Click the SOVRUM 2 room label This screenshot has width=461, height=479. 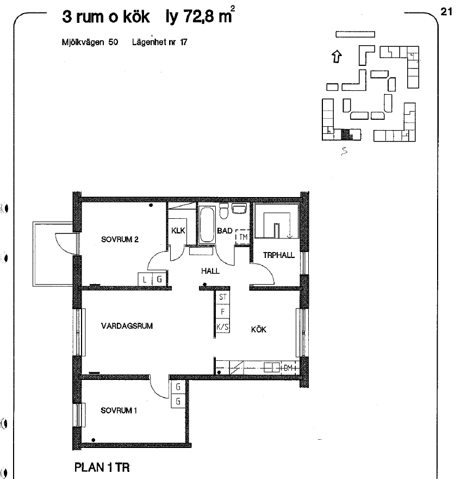120,239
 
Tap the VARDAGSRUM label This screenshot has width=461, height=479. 127,326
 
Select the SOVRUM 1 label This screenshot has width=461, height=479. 119,410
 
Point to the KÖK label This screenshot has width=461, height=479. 259,329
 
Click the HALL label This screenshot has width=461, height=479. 210,271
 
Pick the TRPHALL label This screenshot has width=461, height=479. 278,255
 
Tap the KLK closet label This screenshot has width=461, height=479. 178,230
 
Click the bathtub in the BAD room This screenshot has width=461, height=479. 207,225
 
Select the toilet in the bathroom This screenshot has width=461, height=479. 223,211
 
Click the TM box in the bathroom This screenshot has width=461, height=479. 242,237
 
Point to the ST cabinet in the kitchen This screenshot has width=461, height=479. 222,297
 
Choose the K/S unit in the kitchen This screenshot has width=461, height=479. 222,327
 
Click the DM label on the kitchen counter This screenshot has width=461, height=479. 288,368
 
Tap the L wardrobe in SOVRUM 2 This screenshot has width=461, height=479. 145,279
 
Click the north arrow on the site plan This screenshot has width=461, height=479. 337,57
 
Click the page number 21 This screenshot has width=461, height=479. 446,12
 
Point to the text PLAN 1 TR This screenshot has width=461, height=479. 102,468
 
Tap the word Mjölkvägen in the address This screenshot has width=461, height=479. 83,42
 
